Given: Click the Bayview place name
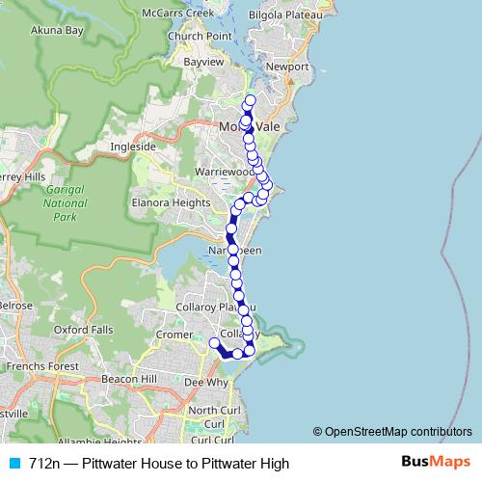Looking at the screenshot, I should point(203,62).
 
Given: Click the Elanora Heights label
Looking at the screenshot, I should point(171,203).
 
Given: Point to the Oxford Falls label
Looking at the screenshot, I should point(83,329).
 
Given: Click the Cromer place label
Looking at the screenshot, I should point(174,335).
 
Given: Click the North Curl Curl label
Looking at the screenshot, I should point(207,416).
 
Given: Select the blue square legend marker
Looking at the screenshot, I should point(13,464).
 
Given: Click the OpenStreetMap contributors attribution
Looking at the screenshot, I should point(398,431).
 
